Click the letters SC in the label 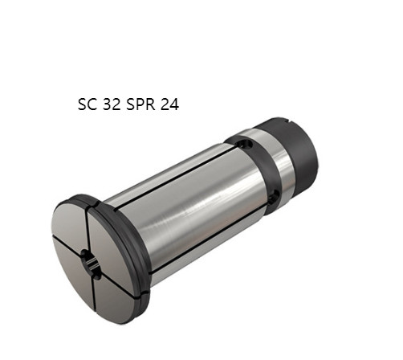pyautogui.click(x=87, y=104)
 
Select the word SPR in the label pyautogui.click(x=140, y=104)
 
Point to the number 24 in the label pyautogui.click(x=169, y=104)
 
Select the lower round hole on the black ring pyautogui.click(x=274, y=198)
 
